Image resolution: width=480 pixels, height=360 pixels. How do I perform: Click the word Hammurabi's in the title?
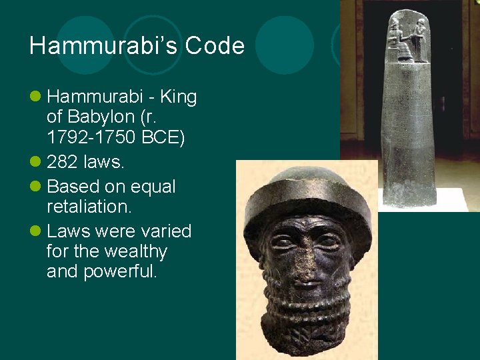point(104,46)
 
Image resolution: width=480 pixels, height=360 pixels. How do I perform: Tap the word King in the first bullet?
point(178,97)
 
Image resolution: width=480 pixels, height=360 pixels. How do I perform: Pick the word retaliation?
point(89,207)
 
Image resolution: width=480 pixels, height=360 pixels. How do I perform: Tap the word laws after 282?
point(98,162)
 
